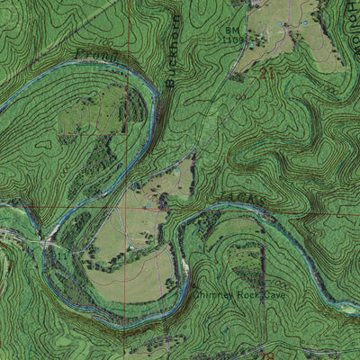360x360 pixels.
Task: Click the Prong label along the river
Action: point(99,57)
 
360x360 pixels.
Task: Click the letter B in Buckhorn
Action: point(170,80)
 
